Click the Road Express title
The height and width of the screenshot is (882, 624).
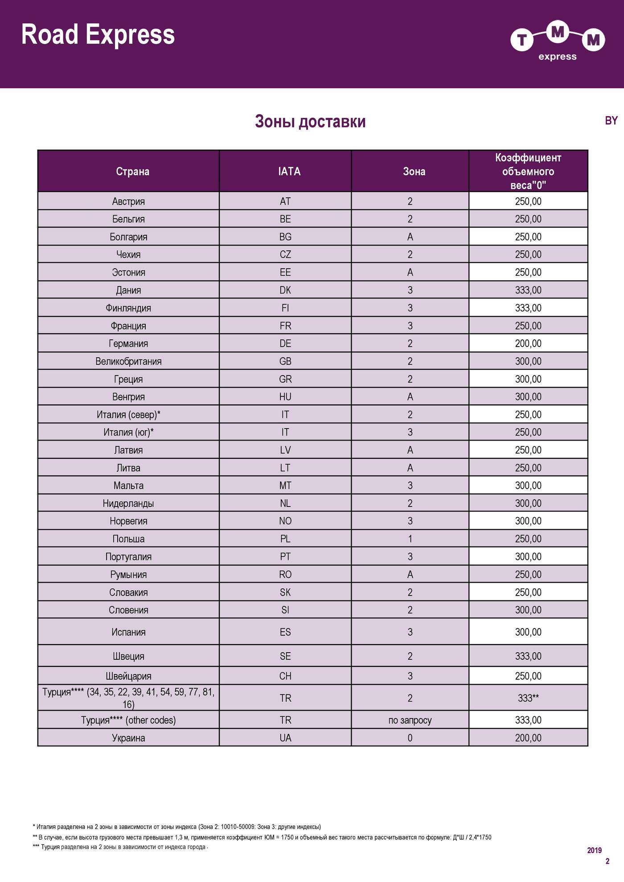[98, 35]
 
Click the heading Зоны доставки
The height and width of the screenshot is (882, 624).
[310, 122]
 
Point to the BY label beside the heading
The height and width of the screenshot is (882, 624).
[611, 121]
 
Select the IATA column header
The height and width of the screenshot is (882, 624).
[289, 171]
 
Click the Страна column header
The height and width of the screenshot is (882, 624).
[132, 171]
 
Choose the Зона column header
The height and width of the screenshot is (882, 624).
[414, 171]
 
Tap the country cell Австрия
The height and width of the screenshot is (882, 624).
[128, 201]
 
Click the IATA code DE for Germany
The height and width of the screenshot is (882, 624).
[285, 343]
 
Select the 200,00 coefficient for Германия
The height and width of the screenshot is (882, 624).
[528, 343]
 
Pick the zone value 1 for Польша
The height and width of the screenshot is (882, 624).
[410, 539]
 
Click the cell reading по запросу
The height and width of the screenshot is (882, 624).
[410, 720]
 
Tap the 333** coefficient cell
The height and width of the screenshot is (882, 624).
[528, 698]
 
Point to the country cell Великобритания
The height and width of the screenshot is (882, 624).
[128, 361]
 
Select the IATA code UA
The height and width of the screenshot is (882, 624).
[285, 738]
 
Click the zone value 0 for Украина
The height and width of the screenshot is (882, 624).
[410, 738]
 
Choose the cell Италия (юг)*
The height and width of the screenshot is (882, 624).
[128, 432]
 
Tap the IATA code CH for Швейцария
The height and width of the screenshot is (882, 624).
[285, 676]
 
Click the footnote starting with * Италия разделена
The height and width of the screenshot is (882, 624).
[177, 827]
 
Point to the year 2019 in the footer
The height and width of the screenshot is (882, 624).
[594, 850]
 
